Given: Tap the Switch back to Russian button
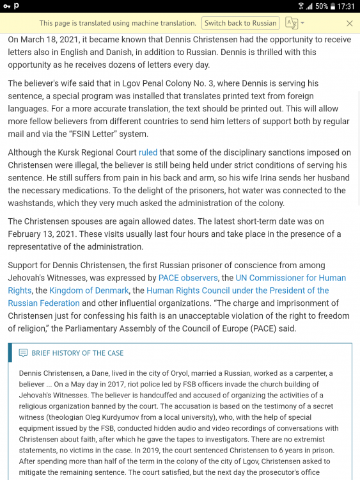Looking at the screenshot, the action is (x=240, y=23).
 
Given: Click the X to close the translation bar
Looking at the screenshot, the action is (x=349, y=23).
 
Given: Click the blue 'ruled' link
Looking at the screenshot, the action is (x=148, y=152).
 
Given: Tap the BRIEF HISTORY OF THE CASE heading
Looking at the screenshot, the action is (x=77, y=353).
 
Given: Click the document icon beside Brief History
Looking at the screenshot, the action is (x=24, y=353).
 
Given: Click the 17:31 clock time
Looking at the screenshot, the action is (x=347, y=6).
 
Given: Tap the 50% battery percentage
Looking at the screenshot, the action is (x=321, y=6).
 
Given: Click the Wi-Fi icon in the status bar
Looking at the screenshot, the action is (x=301, y=6).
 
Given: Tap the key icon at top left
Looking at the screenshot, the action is (x=6, y=6).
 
